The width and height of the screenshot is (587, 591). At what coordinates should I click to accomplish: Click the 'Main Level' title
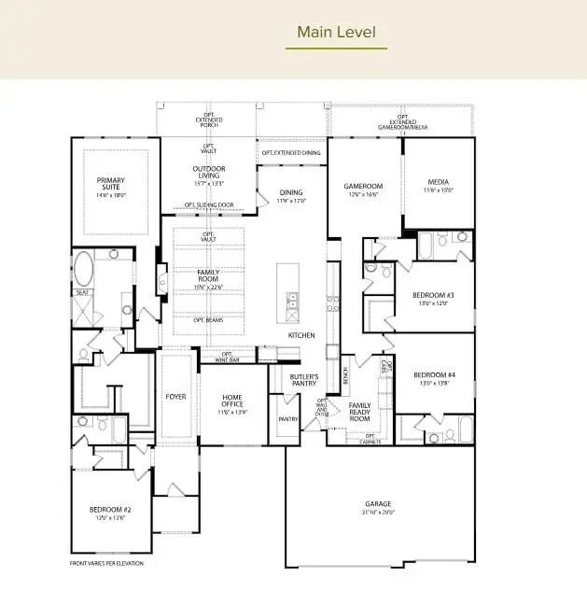[x=336, y=33]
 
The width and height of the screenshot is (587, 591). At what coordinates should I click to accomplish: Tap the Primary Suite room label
[x=111, y=184]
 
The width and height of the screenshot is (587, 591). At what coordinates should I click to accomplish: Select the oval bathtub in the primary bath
[x=84, y=269]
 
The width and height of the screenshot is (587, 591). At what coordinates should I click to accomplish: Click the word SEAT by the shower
[x=82, y=292]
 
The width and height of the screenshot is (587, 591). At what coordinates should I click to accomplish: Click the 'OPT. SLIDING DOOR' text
[x=209, y=205]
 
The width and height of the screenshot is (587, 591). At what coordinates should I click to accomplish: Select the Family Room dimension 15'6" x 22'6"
[x=207, y=287]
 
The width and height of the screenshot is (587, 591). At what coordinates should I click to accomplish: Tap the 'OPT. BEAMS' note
[x=207, y=319]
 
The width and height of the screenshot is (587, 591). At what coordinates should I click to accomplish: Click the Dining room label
[x=291, y=192]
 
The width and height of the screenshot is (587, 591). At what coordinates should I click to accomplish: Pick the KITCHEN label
[x=301, y=335]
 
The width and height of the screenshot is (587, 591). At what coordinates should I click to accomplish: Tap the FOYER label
[x=175, y=397]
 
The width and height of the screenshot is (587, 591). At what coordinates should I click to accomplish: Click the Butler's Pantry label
[x=304, y=380]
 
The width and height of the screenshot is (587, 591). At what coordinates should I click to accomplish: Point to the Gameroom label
[x=364, y=186]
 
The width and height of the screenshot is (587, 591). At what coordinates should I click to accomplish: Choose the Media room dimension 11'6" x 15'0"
[x=439, y=190]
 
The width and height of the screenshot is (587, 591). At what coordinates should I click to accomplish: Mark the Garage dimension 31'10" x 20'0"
[x=378, y=513]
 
